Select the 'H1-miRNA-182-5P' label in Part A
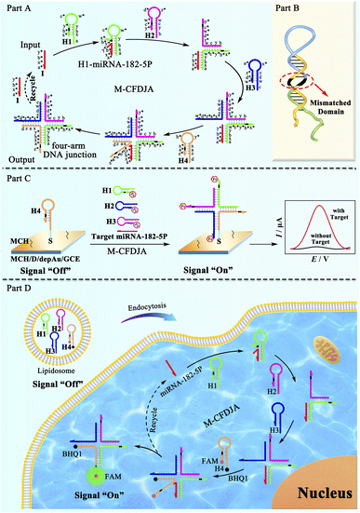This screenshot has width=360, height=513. point(108,61)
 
